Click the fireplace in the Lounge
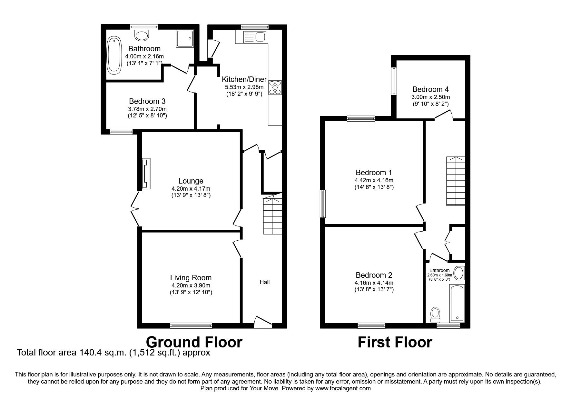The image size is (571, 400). [146, 173]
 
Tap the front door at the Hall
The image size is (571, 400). [262, 322]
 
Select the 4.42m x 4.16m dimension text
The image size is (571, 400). [374, 180]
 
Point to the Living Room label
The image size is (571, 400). [191, 278]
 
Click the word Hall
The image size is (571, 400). [265, 282]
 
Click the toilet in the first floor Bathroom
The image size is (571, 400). [435, 314]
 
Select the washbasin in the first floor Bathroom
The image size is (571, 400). [458, 273]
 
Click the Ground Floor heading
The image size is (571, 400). [194, 342]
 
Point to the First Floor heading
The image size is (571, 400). [395, 342]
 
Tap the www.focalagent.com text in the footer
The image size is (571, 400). [343, 388]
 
